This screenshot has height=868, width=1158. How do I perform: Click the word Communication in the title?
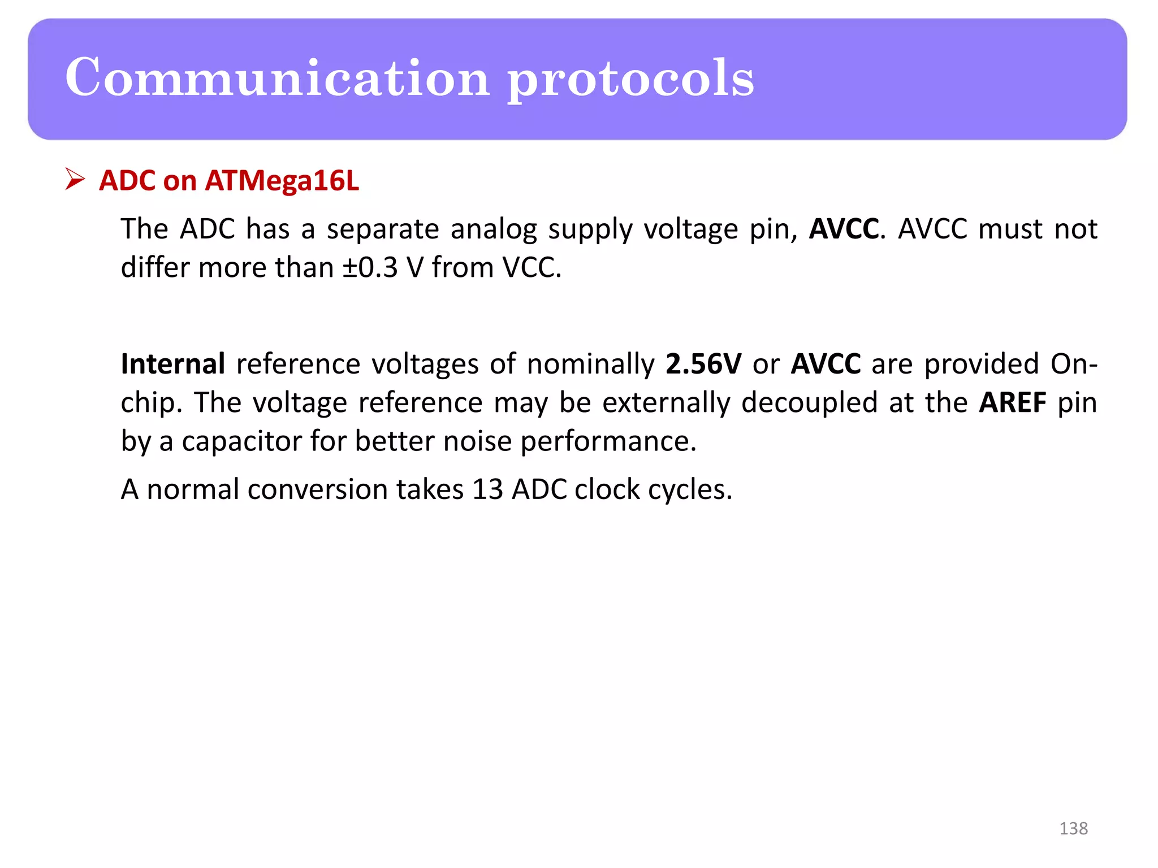click(x=277, y=77)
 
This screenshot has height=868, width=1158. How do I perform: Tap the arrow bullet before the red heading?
click(x=75, y=179)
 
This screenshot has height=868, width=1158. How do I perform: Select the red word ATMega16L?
click(x=282, y=181)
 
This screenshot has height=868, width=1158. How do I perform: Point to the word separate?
click(x=382, y=229)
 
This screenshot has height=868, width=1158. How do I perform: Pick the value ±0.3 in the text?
click(x=370, y=268)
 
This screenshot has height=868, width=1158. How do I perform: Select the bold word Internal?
click(x=173, y=364)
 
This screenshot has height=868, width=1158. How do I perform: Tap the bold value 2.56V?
click(x=703, y=364)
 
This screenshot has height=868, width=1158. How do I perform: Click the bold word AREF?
click(x=1012, y=402)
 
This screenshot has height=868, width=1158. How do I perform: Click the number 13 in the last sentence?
click(x=487, y=489)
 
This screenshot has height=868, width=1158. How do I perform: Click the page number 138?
click(x=1073, y=828)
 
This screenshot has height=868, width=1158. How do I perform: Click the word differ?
click(x=155, y=268)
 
